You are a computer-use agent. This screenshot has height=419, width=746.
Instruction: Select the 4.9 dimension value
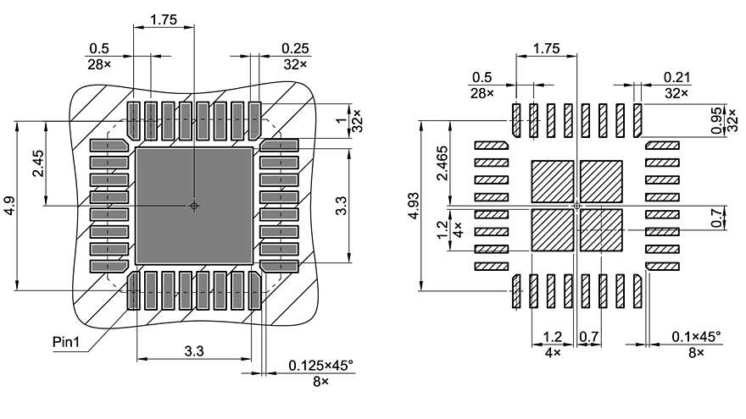(8, 206)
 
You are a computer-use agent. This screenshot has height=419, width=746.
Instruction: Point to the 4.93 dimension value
(413, 206)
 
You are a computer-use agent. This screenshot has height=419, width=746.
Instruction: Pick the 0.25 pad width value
(295, 48)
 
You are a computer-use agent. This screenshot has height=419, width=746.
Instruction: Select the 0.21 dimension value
(676, 77)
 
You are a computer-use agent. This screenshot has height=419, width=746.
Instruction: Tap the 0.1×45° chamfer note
(696, 337)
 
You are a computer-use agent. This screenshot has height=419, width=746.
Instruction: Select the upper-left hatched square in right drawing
(552, 180)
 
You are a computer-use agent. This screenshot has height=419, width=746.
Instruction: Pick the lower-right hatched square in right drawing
(601, 230)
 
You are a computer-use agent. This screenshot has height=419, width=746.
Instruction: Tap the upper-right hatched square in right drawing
(601, 180)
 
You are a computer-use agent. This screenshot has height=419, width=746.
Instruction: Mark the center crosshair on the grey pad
(194, 206)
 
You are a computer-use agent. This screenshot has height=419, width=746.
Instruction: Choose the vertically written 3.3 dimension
(341, 206)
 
